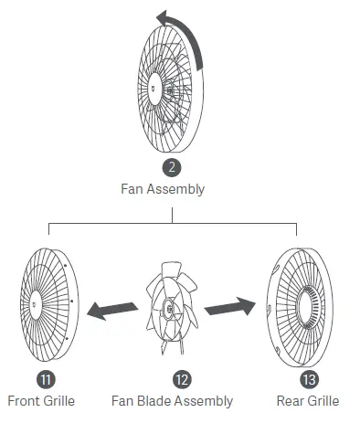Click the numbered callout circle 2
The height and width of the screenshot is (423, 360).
click(170, 168)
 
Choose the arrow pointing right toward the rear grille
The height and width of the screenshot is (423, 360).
click(229, 306)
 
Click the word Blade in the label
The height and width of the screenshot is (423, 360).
click(156, 400)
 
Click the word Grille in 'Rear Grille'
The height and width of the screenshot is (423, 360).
click(323, 400)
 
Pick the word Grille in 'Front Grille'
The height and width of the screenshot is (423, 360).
click(58, 400)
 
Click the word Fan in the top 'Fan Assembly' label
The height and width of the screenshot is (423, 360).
click(132, 190)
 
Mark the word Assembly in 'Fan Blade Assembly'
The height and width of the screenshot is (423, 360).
click(206, 400)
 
